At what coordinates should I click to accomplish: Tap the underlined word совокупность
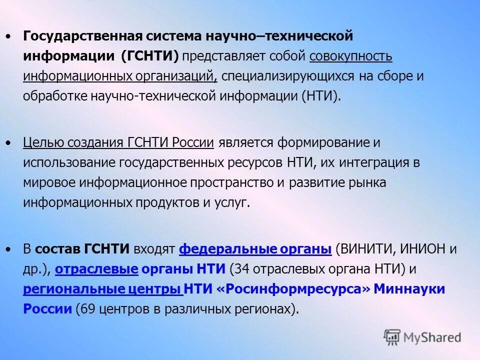[351, 56]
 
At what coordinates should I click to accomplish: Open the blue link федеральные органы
[255, 249]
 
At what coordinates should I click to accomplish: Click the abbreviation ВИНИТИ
[363, 249]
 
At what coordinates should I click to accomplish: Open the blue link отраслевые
[96, 269]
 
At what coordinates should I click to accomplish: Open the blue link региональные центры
[102, 289]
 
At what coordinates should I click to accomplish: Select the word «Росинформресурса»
[294, 289]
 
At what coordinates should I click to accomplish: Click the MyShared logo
[422, 337]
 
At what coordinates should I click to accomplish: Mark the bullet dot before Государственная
[7, 37]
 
